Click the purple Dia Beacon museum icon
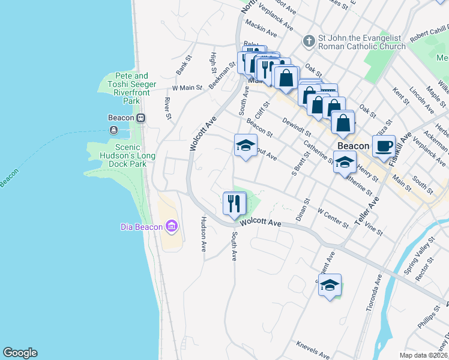172,226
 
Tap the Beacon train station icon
141,118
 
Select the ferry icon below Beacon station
113,130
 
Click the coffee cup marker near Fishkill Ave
383,145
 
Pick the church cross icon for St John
309,41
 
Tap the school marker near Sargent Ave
330,286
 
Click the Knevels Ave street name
313,350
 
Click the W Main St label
187,88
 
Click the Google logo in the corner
20,353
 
